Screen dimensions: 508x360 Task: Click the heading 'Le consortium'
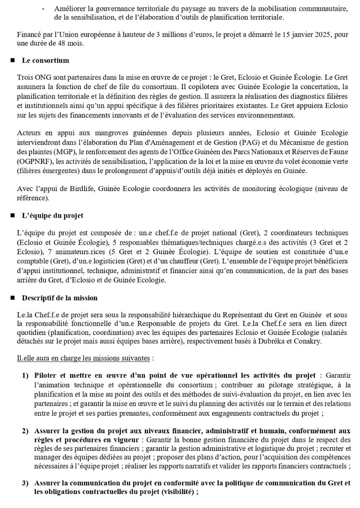[x=45, y=60]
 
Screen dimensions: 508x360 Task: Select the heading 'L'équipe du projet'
[x=52, y=215]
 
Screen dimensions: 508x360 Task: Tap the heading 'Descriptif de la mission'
[x=60, y=298]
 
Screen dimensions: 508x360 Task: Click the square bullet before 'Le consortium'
[x=13, y=61]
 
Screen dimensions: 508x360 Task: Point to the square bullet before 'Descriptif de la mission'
[x=13, y=299]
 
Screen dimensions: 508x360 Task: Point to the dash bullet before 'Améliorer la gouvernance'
[x=43, y=8]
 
